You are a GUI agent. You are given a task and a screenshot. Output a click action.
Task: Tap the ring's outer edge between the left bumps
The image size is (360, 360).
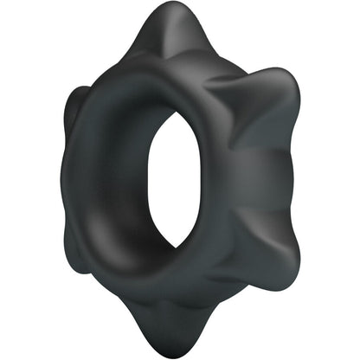click(x=69, y=182)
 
